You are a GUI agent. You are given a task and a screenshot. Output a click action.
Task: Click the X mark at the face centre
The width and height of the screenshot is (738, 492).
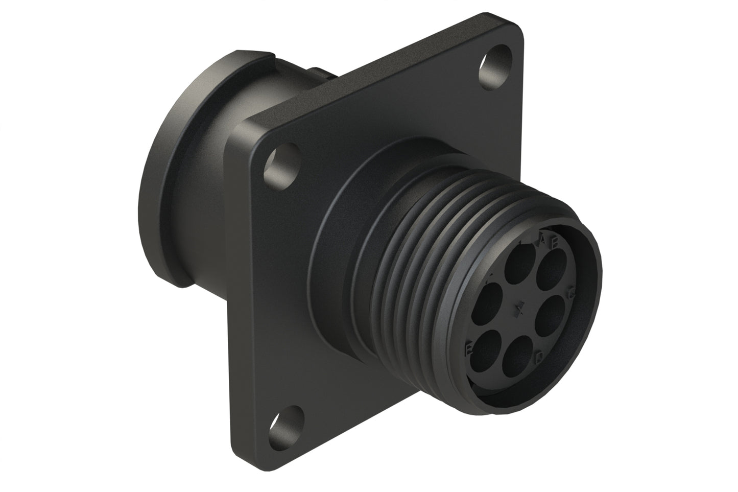[x=520, y=309]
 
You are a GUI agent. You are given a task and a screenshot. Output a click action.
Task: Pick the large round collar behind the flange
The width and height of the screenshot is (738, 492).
[x=163, y=204]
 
